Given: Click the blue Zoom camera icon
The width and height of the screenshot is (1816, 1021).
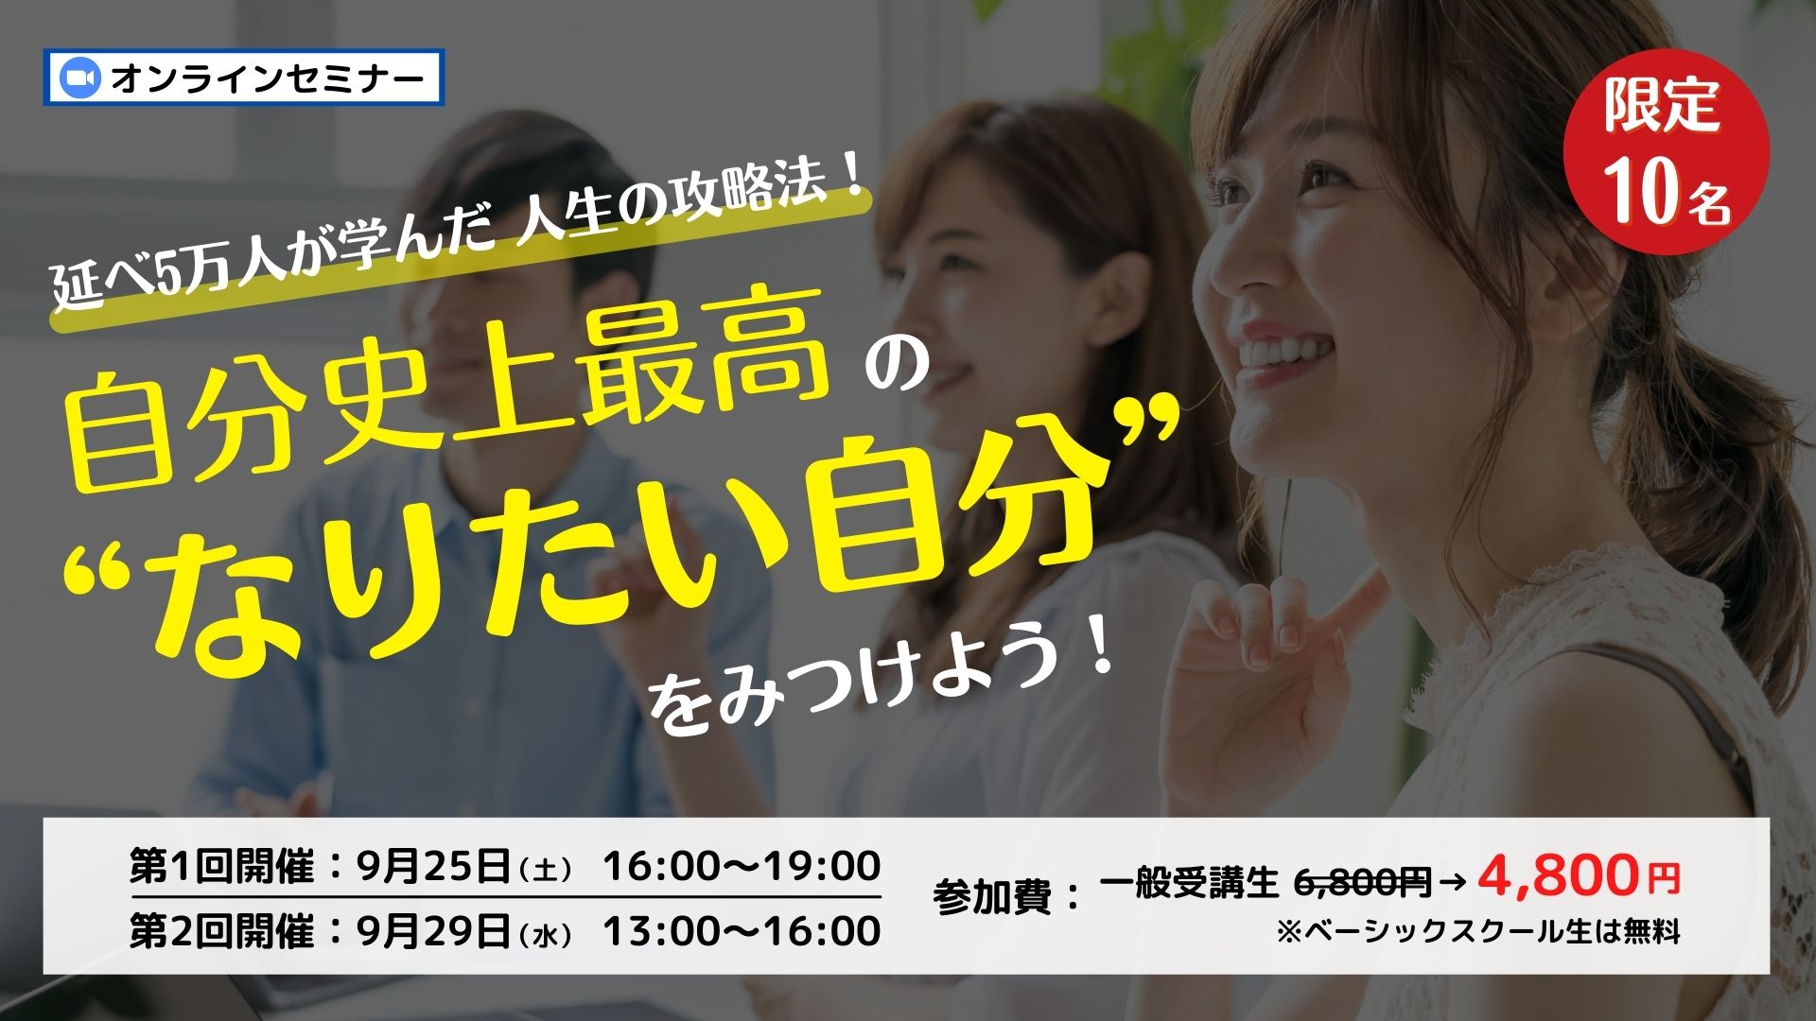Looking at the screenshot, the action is pos(79,78).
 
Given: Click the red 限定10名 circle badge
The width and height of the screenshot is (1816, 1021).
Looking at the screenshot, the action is pos(1666,152).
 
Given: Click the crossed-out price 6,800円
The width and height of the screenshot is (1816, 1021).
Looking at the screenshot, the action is pos(1361,883).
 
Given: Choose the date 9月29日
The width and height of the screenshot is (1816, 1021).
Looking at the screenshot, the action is pos(434,932).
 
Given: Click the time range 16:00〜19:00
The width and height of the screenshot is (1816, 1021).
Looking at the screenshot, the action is pos(742,866).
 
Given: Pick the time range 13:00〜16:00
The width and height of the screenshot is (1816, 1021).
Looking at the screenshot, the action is pos(742,931).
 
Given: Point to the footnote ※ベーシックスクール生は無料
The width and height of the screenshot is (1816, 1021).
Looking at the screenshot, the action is pos(1477,932).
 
